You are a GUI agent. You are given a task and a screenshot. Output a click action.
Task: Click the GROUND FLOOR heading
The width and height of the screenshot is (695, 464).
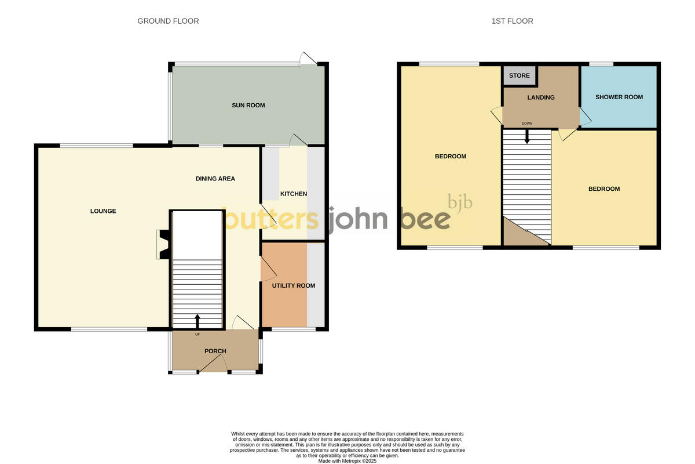[x=168, y=21]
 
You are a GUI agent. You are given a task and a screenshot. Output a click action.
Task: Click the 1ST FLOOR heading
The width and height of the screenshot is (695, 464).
[x=512, y=21]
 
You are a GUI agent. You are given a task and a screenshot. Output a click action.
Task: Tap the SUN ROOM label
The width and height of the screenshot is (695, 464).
[x=248, y=105]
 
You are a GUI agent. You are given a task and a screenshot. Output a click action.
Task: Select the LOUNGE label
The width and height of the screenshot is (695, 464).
[x=103, y=211]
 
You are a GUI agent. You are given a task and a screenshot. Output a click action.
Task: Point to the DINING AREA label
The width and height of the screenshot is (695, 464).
[x=215, y=179]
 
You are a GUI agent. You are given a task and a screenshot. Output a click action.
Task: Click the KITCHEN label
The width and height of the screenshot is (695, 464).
[x=294, y=194]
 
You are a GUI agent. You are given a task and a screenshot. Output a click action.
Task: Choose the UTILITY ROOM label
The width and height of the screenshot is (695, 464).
[x=294, y=285]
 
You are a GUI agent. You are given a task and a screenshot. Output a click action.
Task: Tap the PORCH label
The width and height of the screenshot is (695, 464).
[x=215, y=351]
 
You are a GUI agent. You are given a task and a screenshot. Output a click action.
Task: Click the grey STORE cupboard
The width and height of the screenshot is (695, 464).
[x=520, y=76]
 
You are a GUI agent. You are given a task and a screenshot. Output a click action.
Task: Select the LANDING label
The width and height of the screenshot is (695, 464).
[x=541, y=97]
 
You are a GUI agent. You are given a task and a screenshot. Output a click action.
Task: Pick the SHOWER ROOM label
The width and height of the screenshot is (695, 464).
[x=619, y=97]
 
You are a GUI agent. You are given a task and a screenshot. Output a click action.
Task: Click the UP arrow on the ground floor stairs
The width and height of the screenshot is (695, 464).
[x=197, y=321]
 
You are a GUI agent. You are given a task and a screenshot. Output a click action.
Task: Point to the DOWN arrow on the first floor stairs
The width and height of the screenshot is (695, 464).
[x=527, y=136]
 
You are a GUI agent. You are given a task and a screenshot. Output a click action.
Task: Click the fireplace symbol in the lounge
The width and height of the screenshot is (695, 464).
[x=163, y=244]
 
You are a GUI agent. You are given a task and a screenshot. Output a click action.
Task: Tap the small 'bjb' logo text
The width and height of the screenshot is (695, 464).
[x=460, y=202]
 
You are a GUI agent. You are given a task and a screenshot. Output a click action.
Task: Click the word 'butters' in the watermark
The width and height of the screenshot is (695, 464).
[x=271, y=220]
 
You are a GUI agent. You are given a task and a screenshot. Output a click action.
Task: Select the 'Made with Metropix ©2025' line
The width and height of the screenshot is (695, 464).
[x=348, y=461]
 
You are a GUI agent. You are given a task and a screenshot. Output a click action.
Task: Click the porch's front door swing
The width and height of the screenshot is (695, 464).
[x=214, y=364]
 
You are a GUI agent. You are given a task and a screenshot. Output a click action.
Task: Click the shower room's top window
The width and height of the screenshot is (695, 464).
[x=602, y=63]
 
